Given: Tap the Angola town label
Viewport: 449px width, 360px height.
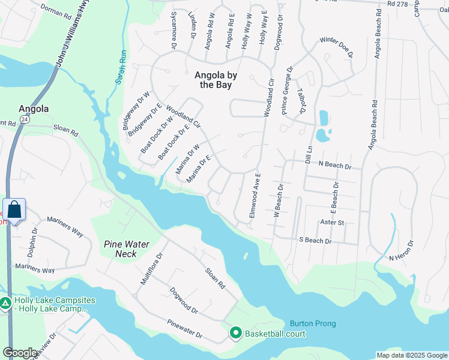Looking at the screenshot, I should click(x=34, y=109).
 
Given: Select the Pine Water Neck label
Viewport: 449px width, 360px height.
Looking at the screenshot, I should click(x=128, y=248).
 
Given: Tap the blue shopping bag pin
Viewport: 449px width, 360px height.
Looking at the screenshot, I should click(x=14, y=210).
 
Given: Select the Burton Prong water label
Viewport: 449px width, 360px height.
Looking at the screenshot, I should click(x=313, y=323).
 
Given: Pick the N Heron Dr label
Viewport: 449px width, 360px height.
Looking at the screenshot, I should click(x=402, y=251).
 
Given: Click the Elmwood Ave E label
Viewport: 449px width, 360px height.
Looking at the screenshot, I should click(x=255, y=196).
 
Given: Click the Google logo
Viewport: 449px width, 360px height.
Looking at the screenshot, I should click(x=21, y=353).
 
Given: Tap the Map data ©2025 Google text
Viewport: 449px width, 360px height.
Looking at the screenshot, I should click(x=411, y=355).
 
